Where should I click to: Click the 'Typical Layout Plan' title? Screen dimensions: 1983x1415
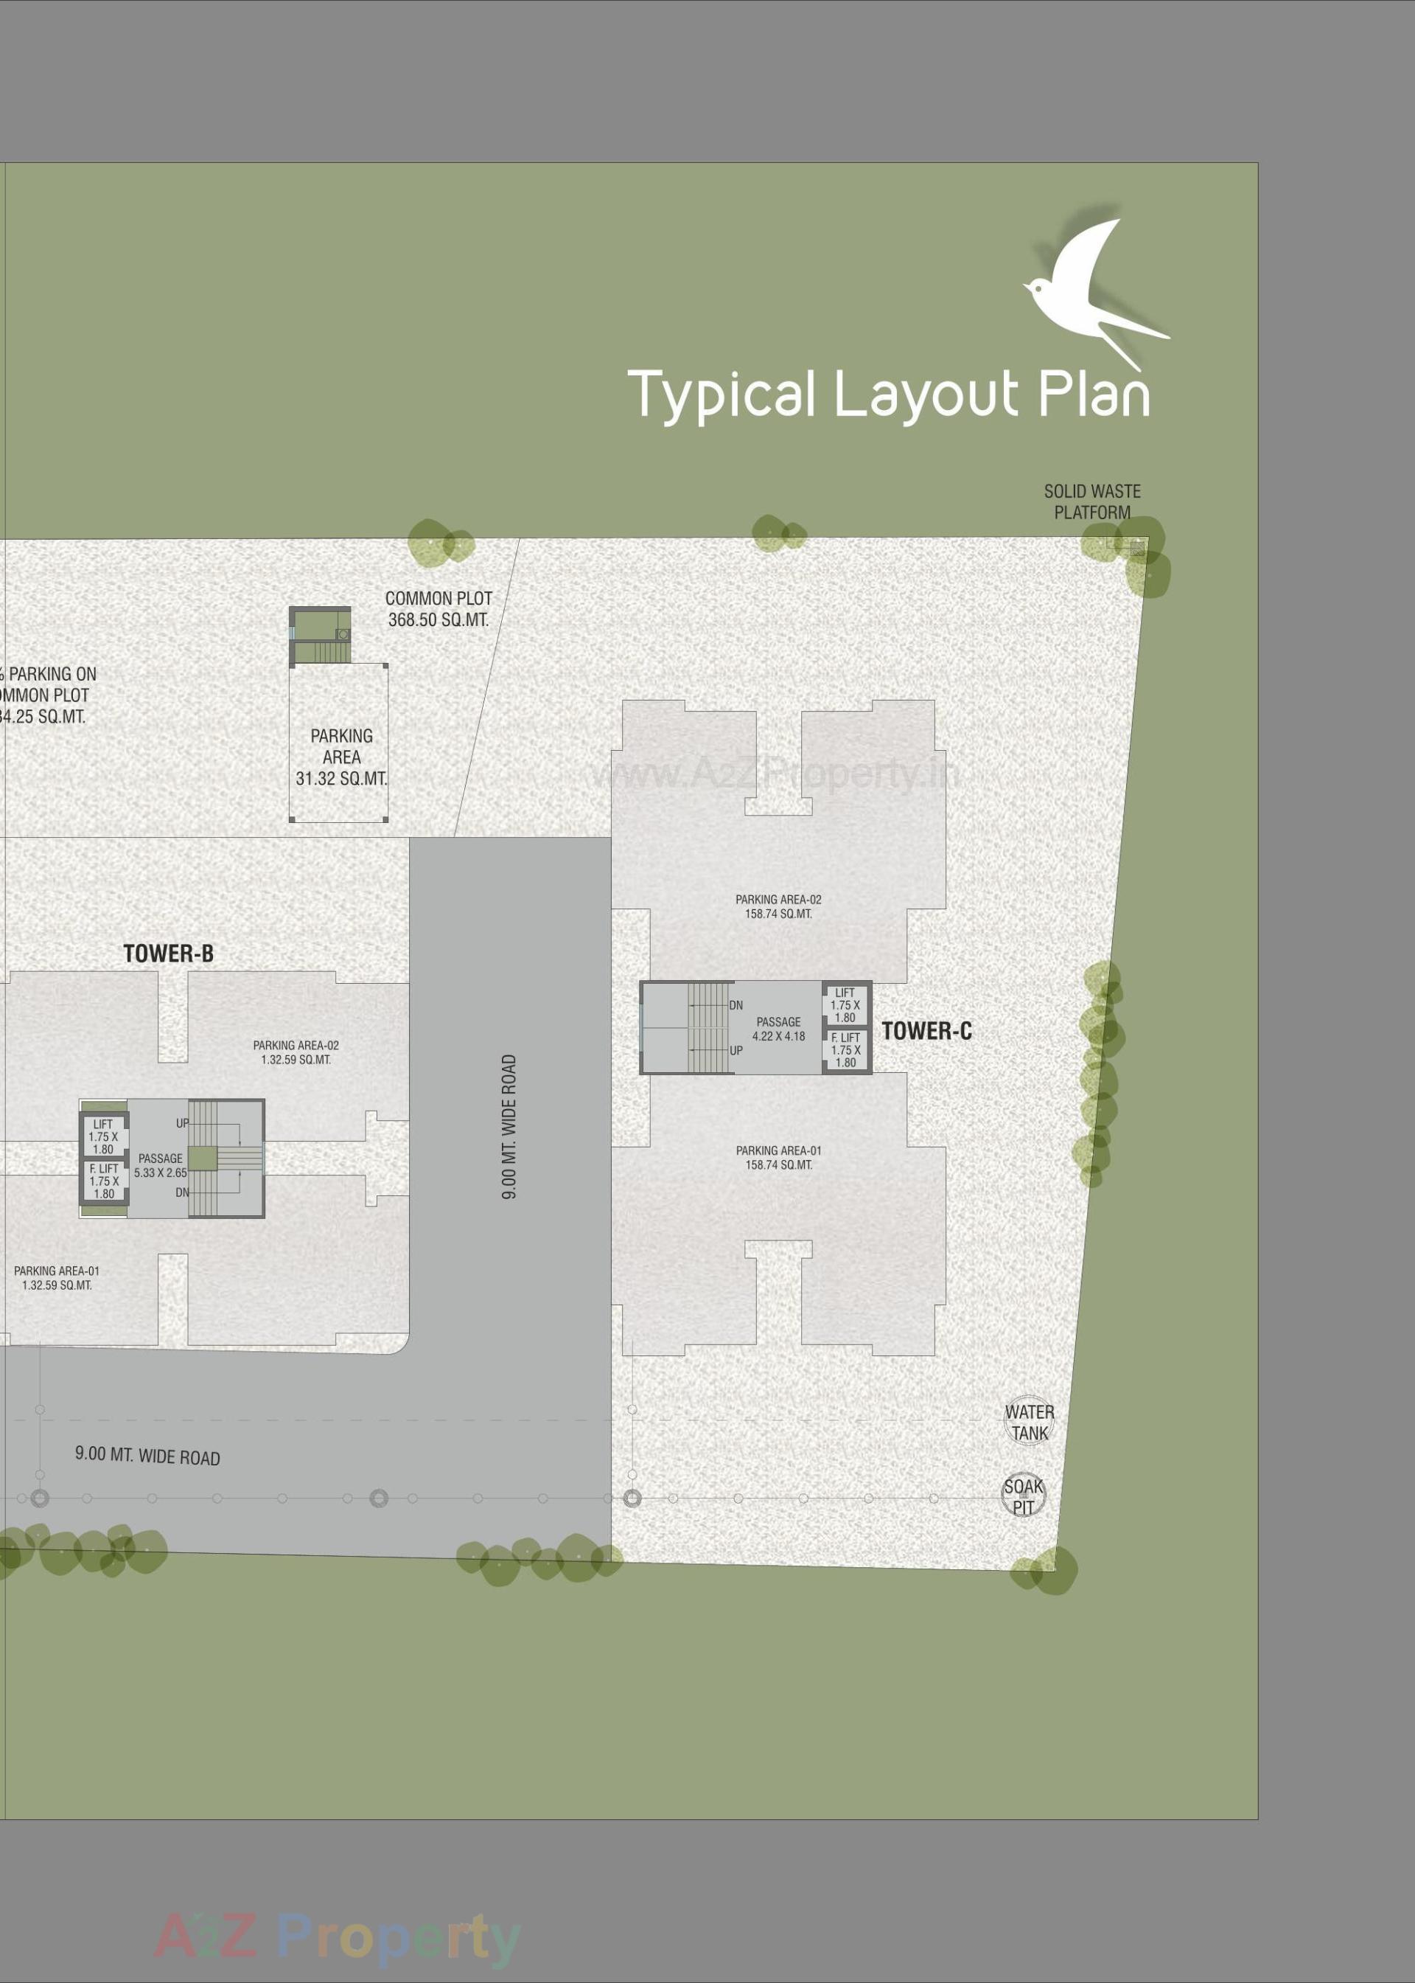click(x=888, y=395)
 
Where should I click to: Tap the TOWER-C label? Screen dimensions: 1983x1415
click(x=926, y=1031)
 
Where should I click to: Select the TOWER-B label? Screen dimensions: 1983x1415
click(x=168, y=954)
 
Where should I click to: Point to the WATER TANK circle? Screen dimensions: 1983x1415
click(x=1029, y=1422)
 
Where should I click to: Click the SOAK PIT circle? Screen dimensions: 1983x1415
click(x=1023, y=1496)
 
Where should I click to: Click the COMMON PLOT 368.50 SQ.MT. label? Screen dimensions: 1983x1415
click(x=439, y=609)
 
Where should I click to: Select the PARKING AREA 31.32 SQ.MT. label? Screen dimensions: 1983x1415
click(x=340, y=757)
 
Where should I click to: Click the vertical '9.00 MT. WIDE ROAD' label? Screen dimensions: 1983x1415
click(x=510, y=1126)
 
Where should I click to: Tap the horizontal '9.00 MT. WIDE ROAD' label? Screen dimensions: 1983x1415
click(x=147, y=1456)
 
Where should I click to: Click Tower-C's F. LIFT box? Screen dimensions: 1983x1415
click(x=845, y=1050)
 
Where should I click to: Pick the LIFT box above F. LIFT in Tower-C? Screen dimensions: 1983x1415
click(x=845, y=1005)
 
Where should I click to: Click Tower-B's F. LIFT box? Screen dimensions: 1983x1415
click(x=104, y=1182)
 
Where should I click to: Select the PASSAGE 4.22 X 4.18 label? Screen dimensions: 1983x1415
click(x=778, y=1029)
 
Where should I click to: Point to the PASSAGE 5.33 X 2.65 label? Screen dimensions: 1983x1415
click(x=161, y=1165)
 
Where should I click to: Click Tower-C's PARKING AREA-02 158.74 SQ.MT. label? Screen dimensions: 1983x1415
click(x=778, y=906)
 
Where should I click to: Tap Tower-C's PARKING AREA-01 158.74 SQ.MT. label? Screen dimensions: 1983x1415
click(x=778, y=1158)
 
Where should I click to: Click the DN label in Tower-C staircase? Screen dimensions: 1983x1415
click(x=736, y=1005)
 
